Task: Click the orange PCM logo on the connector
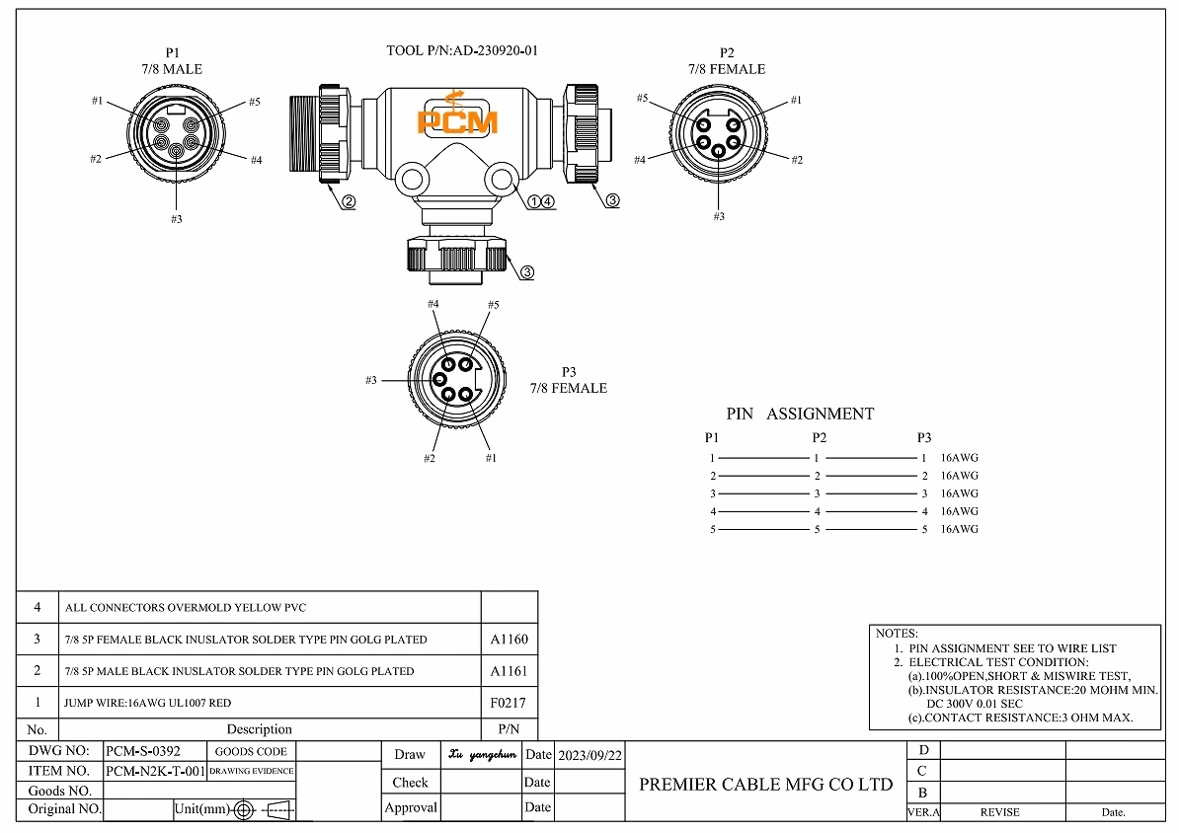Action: coord(456,116)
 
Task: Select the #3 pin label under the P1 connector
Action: coord(176,219)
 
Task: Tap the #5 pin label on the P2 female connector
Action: coord(642,98)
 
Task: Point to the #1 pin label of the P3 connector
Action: coord(491,458)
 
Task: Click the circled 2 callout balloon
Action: coord(349,202)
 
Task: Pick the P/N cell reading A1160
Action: coord(509,640)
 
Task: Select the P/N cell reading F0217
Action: coord(509,703)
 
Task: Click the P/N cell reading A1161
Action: coord(509,671)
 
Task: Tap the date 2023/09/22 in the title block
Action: coord(589,755)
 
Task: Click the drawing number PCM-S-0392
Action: coord(143,751)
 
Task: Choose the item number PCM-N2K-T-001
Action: coord(155,771)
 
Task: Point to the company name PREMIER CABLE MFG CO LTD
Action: coord(765,786)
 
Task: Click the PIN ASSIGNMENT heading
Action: coord(800,415)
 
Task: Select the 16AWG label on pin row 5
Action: coord(959,530)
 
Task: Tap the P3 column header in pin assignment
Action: coord(923,437)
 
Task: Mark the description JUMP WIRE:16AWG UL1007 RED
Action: coord(148,703)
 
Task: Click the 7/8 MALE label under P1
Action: coord(172,69)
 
